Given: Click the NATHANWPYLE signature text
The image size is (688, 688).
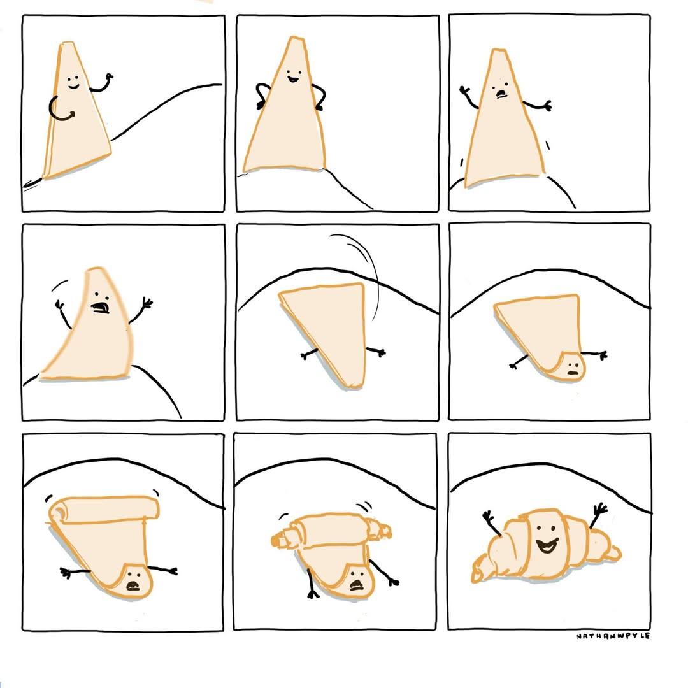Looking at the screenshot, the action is pyautogui.click(x=613, y=636).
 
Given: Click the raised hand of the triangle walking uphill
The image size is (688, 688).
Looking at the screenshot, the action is pyautogui.click(x=108, y=78).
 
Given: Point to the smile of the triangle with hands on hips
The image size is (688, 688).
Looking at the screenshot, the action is pyautogui.click(x=294, y=80).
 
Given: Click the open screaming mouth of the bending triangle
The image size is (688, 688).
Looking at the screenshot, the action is pyautogui.click(x=101, y=306).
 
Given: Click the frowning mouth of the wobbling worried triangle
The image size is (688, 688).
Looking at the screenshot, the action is pyautogui.click(x=501, y=94).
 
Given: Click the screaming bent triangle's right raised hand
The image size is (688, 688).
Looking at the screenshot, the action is pyautogui.click(x=146, y=303).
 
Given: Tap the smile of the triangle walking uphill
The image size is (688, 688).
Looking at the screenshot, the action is pyautogui.click(x=73, y=87).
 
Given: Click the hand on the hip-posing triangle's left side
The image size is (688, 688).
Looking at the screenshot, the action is pyautogui.click(x=261, y=104).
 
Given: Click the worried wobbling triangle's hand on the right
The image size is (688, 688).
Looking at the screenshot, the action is pyautogui.click(x=547, y=106).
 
